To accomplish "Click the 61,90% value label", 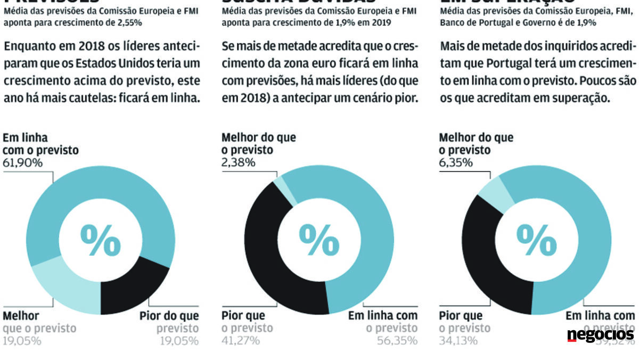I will click(23, 163).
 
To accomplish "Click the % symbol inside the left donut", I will click(100, 240).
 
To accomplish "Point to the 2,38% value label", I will click(238, 163).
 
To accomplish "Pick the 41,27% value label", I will click(241, 340).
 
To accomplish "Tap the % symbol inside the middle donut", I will click(319, 240).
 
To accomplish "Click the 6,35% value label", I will click(456, 163).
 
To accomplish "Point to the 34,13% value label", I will click(458, 340).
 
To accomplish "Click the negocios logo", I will click(600, 335).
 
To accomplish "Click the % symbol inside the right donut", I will click(537, 240).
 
